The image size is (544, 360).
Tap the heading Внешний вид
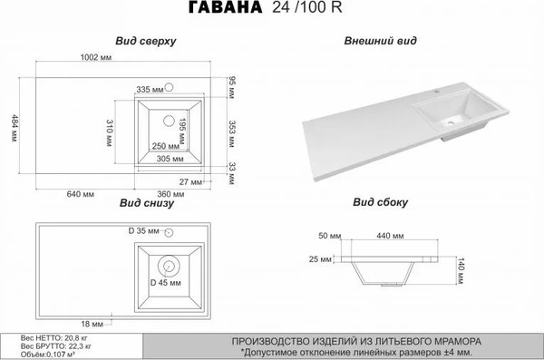[375, 42]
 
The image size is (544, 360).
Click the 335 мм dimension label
[149, 89]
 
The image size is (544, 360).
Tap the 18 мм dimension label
[92, 324]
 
